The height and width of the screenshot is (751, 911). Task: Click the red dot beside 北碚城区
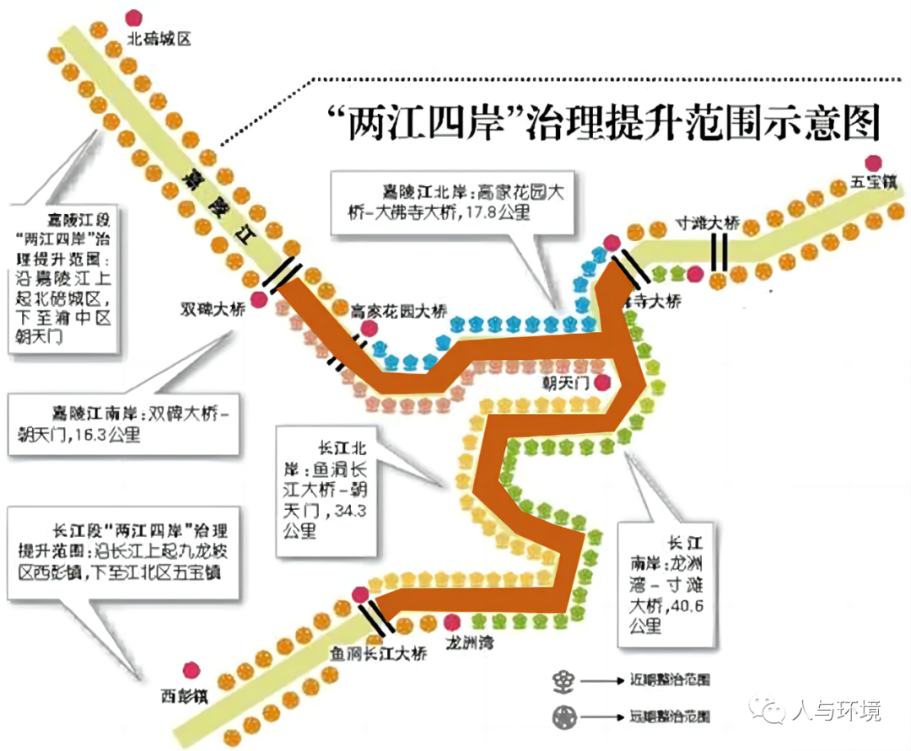(x=133, y=17)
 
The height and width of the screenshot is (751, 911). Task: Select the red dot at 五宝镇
(x=873, y=162)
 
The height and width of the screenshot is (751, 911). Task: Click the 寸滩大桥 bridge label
(x=708, y=224)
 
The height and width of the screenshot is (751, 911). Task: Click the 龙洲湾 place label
(x=470, y=643)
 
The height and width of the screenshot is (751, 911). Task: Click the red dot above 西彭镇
(x=192, y=669)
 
